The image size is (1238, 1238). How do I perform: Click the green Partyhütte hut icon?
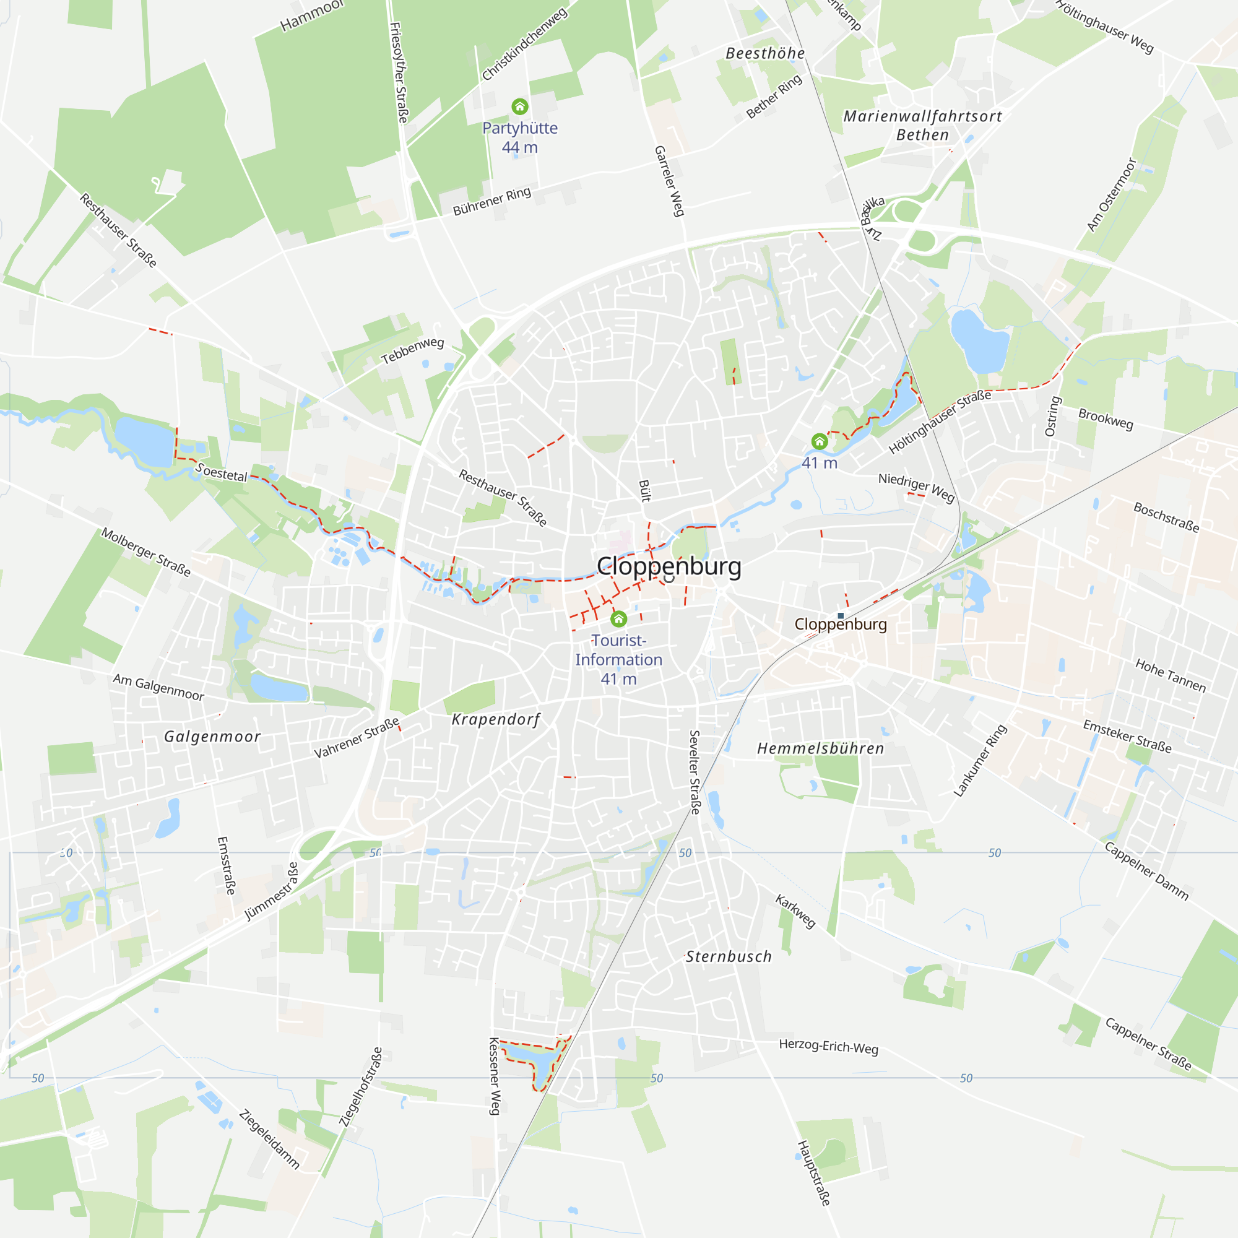coord(520,106)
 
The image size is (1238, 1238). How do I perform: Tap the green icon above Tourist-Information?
coord(618,618)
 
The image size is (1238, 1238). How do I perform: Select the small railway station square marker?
coord(841,616)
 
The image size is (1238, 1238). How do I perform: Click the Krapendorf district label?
coord(496,720)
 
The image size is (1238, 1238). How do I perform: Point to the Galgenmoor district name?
coord(212,737)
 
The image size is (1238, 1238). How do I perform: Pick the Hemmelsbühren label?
coord(820,748)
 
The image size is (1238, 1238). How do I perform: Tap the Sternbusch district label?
coord(729,957)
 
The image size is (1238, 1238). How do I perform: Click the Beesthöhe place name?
coord(765,53)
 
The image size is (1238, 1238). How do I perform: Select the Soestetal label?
coord(221,473)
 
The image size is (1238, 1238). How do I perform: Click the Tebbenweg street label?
coord(413,350)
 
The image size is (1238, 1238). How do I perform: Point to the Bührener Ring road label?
coord(491,201)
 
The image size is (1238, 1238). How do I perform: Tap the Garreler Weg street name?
coord(670,181)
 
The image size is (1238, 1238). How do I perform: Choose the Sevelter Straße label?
coord(695,771)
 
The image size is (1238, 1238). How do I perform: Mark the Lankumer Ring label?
coord(980,761)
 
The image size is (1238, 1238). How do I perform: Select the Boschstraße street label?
coord(1166,517)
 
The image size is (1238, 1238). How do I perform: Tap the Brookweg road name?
coord(1106,419)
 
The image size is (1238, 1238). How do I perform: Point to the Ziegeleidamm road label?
coord(269,1140)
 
